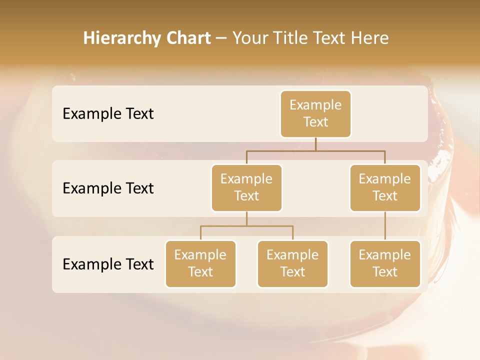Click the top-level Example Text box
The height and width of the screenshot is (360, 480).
click(x=315, y=113)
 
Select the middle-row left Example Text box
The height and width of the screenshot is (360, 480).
click(x=246, y=187)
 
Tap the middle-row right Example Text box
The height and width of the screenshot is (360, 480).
click(x=385, y=187)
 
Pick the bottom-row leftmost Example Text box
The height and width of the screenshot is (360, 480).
click(x=200, y=263)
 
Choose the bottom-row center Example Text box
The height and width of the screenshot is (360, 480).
click(x=292, y=263)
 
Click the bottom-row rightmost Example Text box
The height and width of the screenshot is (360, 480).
click(x=385, y=263)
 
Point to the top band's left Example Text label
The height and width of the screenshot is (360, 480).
click(x=108, y=114)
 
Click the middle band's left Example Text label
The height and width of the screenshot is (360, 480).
click(x=108, y=188)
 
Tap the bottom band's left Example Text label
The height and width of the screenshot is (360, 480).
click(x=108, y=264)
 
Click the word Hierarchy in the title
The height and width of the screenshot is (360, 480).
click(x=121, y=38)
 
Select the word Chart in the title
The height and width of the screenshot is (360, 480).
click(x=187, y=38)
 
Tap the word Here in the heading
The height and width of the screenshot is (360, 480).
click(x=370, y=38)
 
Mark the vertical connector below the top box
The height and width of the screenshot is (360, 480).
click(x=315, y=144)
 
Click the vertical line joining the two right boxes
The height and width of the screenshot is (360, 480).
click(x=385, y=226)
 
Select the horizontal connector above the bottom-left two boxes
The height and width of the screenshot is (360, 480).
click(x=246, y=226)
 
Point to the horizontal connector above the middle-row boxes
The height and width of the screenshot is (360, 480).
click(x=315, y=150)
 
